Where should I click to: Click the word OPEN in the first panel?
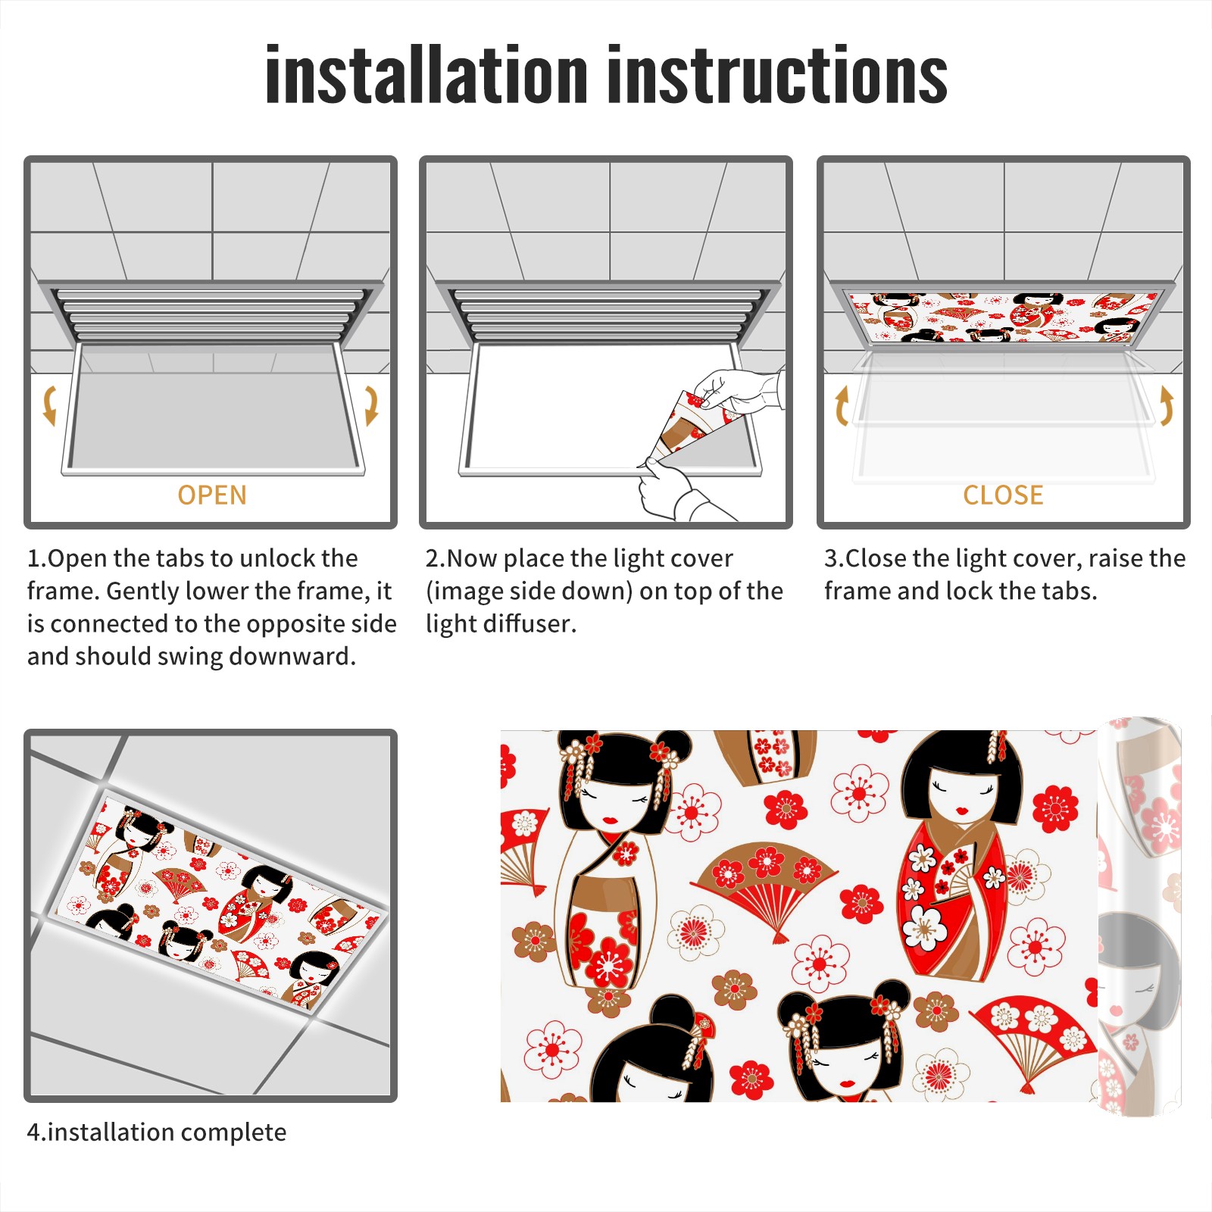212,495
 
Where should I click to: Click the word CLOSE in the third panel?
1003,495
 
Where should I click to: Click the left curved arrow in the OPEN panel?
49,405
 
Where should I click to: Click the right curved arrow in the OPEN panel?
371,405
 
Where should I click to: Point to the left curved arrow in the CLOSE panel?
842,405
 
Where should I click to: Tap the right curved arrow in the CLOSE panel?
1167,405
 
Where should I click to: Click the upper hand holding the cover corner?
739,390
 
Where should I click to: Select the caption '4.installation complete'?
157,1132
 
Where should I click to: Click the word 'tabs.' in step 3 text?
1070,591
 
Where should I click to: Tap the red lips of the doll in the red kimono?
962,811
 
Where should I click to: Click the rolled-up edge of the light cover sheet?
1139,917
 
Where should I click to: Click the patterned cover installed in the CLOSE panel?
1003,317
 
